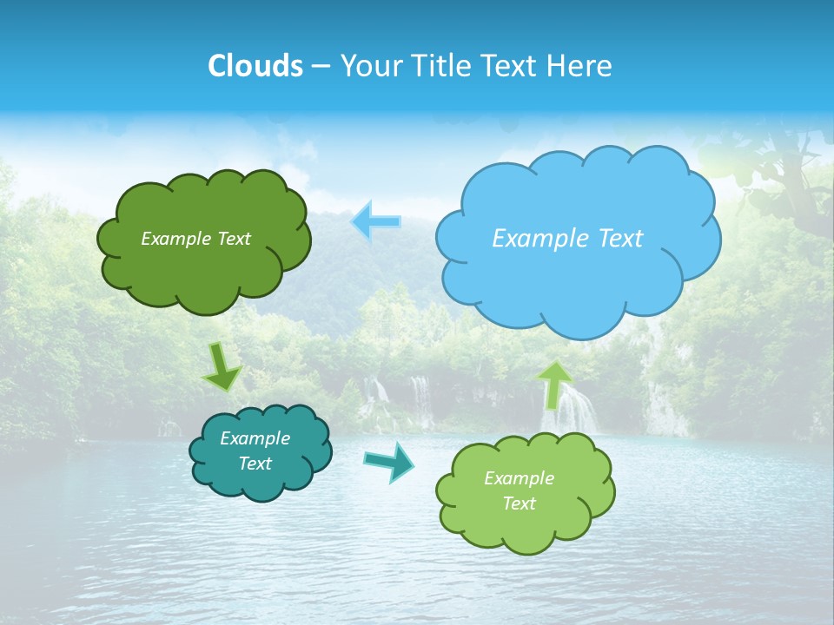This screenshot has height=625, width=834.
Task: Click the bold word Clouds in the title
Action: coord(255,65)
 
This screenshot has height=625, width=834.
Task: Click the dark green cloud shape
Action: coord(203,269)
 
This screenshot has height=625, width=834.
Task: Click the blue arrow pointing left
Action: coord(375,221)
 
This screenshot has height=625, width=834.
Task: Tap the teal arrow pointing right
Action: coord(388,461)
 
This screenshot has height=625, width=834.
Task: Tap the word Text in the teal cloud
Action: coord(255,464)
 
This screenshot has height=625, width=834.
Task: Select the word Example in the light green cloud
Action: coord(519,478)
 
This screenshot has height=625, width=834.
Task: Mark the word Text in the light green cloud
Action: coord(519,503)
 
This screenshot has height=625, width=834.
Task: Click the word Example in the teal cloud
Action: coord(255,438)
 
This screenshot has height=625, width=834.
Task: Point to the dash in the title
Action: coord(320,66)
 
